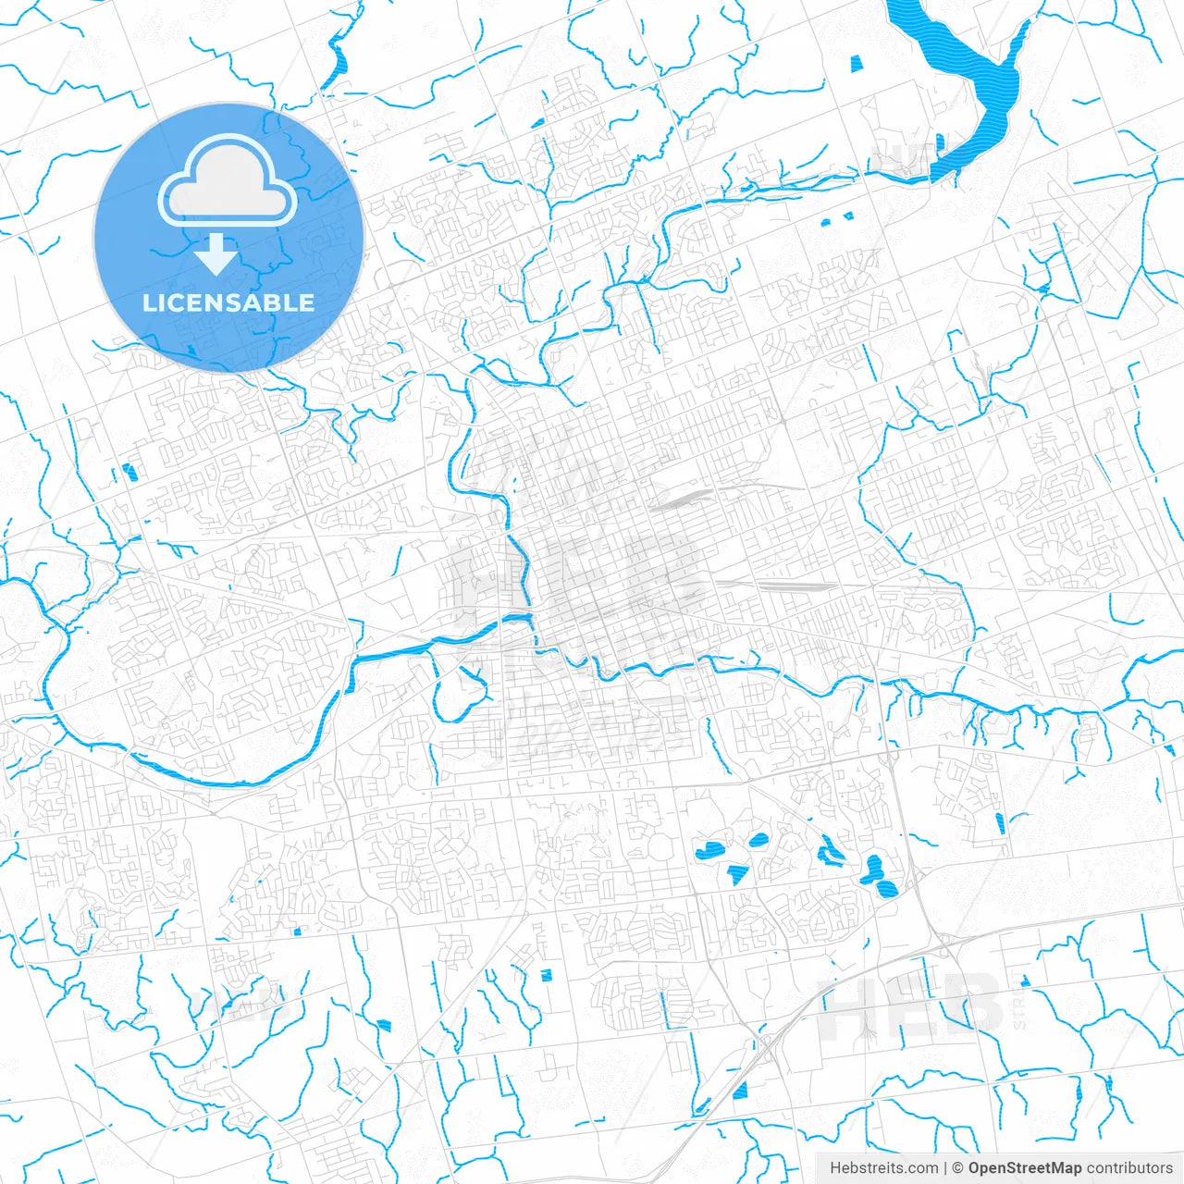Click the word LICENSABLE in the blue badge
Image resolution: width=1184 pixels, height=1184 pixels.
pos(228,302)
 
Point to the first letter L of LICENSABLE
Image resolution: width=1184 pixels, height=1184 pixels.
pos(149,302)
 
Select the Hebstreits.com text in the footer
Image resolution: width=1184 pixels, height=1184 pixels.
pos(883,1168)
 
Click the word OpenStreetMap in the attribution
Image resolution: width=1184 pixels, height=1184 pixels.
pos(1024,1168)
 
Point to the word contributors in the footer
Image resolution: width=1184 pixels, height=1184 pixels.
pos(1129,1168)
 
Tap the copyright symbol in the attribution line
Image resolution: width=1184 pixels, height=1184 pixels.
pos(958,1168)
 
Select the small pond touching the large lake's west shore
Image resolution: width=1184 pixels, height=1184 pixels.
pos(940,142)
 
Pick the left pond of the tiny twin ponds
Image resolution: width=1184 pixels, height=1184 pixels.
pos(827,221)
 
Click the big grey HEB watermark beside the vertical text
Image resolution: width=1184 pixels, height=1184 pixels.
pos(911,1005)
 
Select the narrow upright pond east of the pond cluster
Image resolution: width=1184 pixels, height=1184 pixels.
pos(999,821)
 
